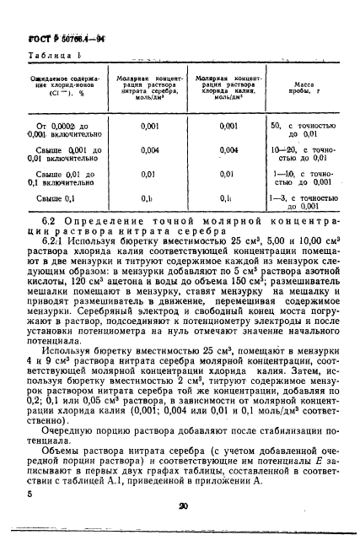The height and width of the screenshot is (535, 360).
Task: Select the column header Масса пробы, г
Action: click(x=303, y=89)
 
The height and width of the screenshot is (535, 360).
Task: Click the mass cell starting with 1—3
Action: click(x=303, y=202)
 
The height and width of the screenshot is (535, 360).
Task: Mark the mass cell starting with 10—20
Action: click(x=303, y=154)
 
